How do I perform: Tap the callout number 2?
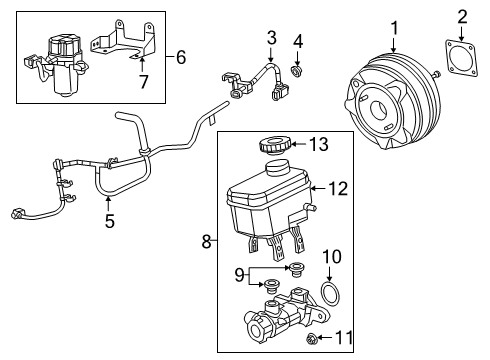point(462,15)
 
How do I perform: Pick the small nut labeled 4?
point(295,68)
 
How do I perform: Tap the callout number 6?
point(181,58)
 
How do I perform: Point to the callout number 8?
point(207,240)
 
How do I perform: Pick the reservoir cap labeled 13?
point(273,146)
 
